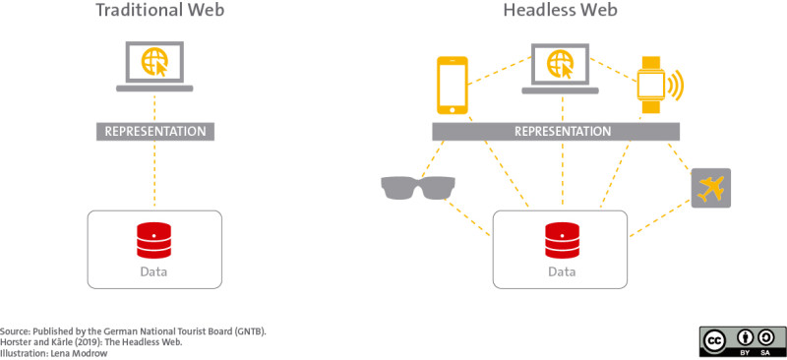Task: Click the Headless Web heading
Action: [x=562, y=12]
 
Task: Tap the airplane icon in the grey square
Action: [x=711, y=188]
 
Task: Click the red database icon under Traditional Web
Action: [x=155, y=239]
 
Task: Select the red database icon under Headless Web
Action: [x=562, y=239]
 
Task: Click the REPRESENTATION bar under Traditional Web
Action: [x=155, y=132]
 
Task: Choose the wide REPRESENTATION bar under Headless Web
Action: [x=562, y=132]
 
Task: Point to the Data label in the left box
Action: [x=155, y=271]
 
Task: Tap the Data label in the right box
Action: [x=562, y=271]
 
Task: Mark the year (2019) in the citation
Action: [x=86, y=341]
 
